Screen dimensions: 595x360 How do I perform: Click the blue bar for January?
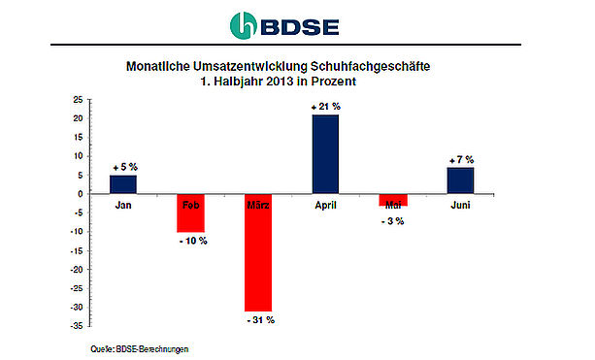point(123,184)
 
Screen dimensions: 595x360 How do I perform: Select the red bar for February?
point(190,213)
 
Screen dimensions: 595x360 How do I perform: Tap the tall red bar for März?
point(258,252)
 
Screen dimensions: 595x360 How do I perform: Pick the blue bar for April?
point(325,154)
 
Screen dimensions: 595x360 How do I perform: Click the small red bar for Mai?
point(393,200)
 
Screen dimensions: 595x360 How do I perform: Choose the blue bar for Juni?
point(460,180)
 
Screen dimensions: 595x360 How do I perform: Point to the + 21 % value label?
point(326,107)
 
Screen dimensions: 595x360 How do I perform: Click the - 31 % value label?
point(261,320)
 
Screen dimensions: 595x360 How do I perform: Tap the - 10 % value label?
point(193,241)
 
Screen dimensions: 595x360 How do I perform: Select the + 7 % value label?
point(461,160)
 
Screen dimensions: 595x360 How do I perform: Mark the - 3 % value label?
point(393,221)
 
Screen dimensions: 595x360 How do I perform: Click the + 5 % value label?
point(125,167)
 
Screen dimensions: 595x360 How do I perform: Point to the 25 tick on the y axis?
point(78,100)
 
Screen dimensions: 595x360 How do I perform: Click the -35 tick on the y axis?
point(77,326)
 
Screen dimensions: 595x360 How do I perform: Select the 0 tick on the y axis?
point(80,194)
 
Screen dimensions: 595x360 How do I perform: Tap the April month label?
point(325,206)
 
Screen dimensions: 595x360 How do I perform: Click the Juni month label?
point(460,205)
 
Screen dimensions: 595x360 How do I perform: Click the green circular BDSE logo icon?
point(244,25)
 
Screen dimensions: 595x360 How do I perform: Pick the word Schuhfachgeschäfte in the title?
point(371,67)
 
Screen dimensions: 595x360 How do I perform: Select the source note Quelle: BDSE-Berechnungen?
point(139,349)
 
